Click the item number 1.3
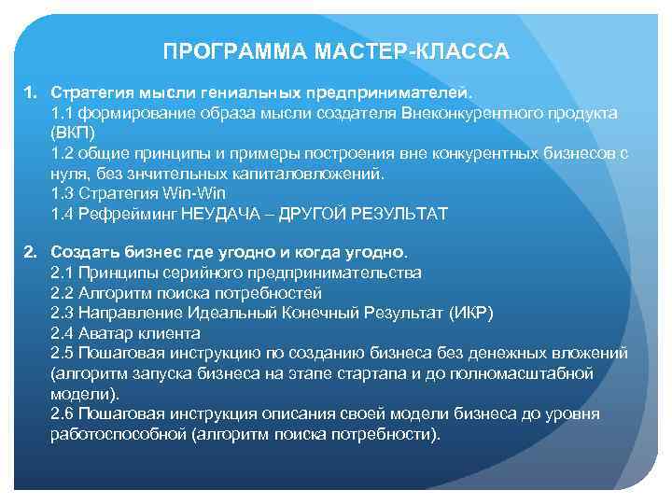(x=63, y=193)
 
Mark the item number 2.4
(x=63, y=333)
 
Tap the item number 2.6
(x=63, y=414)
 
